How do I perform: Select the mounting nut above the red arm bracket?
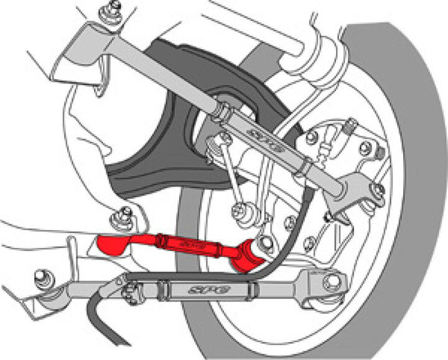pyautogui.click(x=114, y=219)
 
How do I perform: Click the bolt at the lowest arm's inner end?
pyautogui.click(x=42, y=276)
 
